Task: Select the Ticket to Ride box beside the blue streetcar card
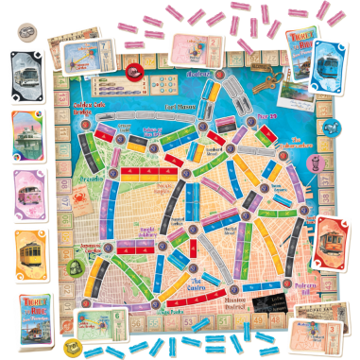pyautogui.click(x=293, y=54)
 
